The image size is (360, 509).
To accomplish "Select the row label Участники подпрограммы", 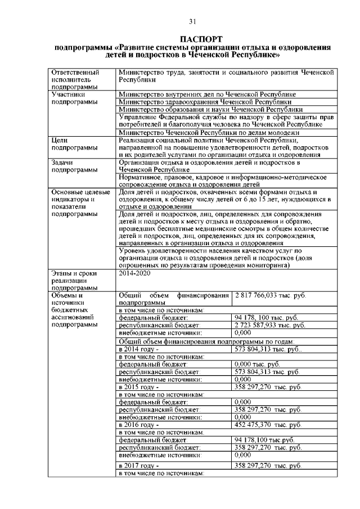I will (71, 98).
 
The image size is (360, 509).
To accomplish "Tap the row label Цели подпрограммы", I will (71, 143).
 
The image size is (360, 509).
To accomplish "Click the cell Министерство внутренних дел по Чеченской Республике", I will (208, 94).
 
